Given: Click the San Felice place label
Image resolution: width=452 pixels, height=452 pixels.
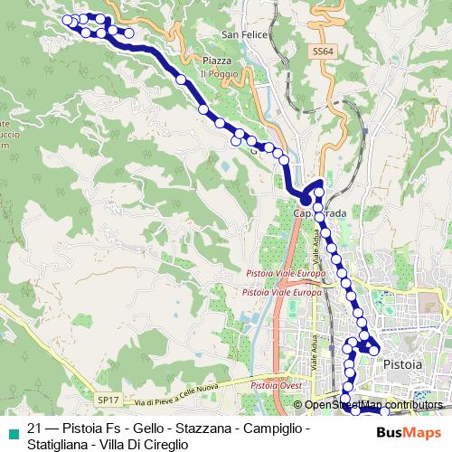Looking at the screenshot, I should (x=241, y=35).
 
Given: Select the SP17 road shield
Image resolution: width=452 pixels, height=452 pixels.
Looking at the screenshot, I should (x=108, y=398).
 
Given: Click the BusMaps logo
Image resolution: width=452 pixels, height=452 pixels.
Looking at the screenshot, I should (x=402, y=432).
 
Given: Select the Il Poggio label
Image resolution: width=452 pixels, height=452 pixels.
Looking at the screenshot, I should (x=217, y=73).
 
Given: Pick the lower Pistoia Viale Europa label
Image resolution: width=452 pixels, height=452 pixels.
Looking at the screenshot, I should (x=281, y=292).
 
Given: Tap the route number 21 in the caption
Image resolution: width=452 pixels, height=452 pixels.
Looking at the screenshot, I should (x=34, y=428).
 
